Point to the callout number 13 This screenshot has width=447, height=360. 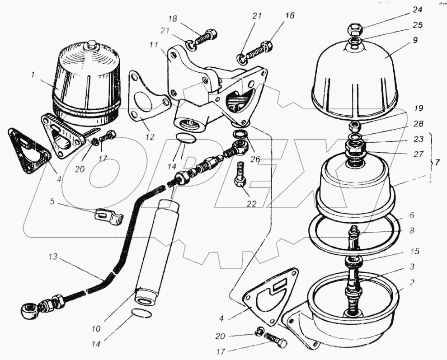(52, 257)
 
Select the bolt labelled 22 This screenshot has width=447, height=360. (240, 175)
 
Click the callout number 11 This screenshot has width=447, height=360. (155, 46)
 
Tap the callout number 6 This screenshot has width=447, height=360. (412, 215)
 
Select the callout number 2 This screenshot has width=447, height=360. (412, 283)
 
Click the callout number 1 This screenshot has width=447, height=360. (33, 75)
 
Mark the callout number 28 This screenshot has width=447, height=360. (419, 124)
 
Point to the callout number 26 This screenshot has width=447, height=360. (255, 159)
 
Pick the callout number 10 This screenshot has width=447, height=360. (96, 329)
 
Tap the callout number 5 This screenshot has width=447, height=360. (52, 201)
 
